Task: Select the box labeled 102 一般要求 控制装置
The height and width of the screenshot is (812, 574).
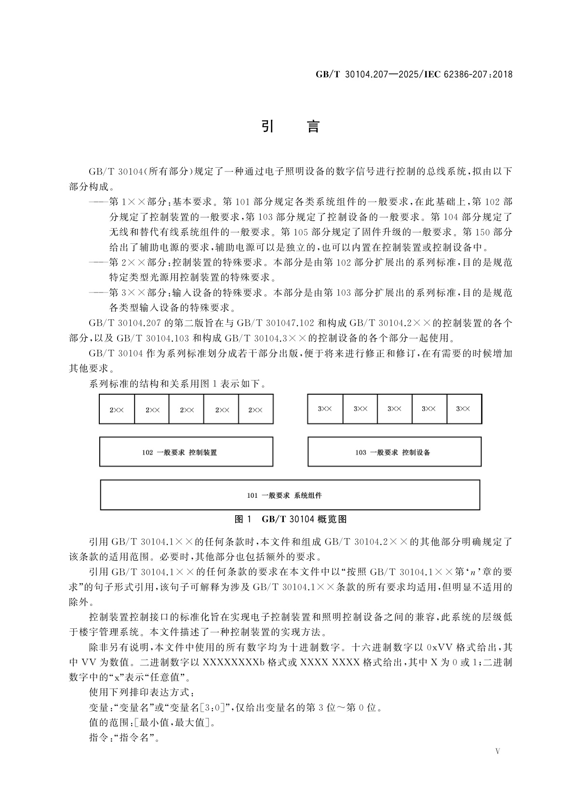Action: coord(186,452)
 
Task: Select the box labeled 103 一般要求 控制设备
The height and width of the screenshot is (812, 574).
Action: coord(394,452)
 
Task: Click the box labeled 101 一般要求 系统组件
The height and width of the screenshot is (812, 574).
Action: coord(290,495)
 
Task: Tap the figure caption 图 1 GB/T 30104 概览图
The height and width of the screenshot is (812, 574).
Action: coord(290,519)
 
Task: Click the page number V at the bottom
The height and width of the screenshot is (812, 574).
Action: coord(498,751)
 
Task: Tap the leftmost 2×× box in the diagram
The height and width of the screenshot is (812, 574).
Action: coord(117,410)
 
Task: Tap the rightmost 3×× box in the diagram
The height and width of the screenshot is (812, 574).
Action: coord(464,409)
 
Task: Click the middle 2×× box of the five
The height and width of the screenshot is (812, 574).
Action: coord(187,410)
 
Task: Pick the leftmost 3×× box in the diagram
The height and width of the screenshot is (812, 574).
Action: coord(325,409)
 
